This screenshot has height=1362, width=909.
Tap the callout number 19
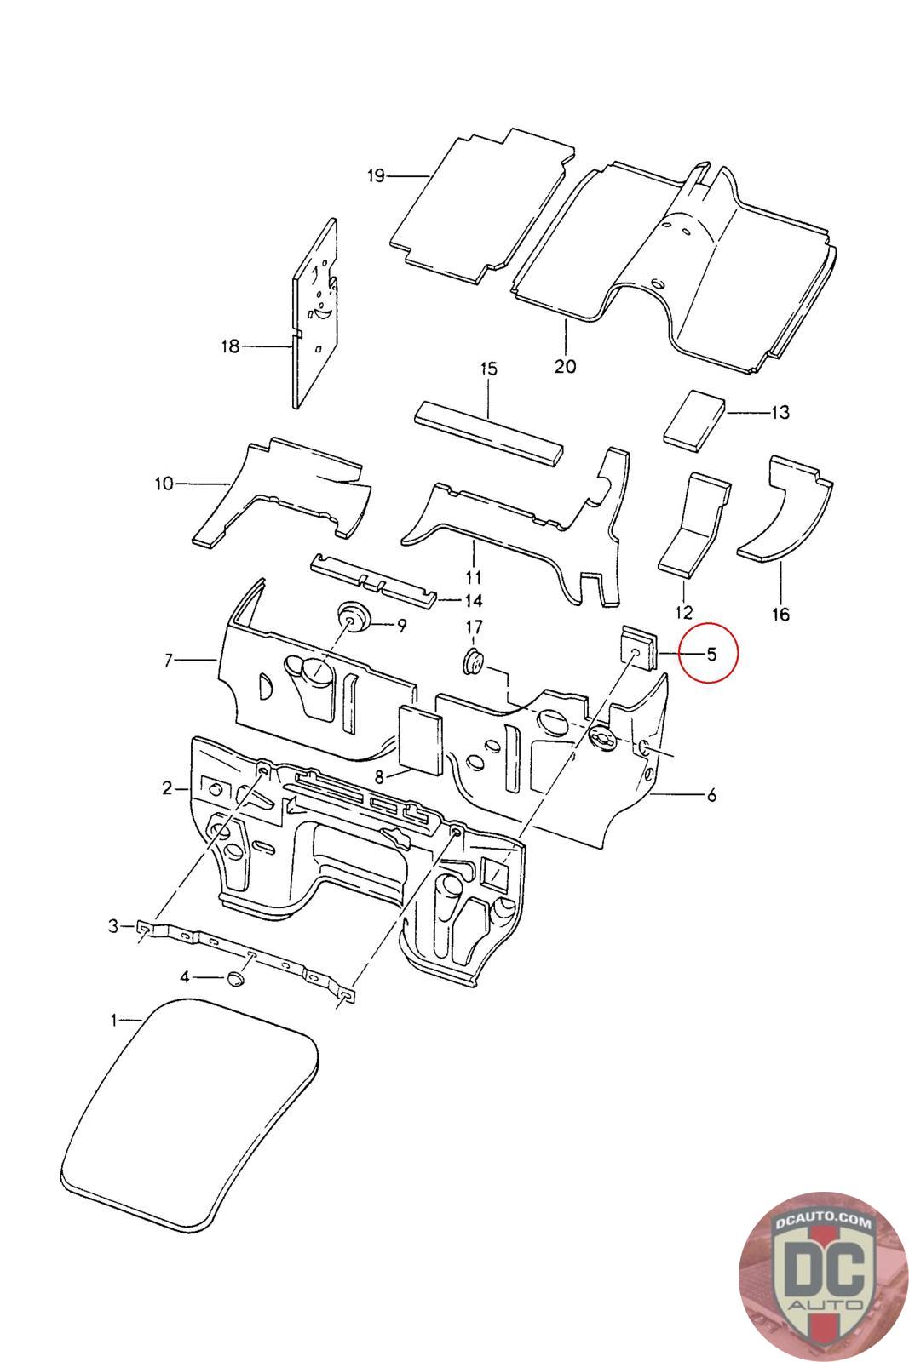376,176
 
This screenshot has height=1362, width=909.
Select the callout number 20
565,366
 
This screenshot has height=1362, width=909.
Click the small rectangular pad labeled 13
694,418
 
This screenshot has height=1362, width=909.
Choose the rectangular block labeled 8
421,738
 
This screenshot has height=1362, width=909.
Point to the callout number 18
230,346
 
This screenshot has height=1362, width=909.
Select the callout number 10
164,484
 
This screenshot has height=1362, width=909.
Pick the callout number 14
474,600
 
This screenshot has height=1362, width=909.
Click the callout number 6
711,796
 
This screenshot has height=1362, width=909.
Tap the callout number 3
114,925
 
